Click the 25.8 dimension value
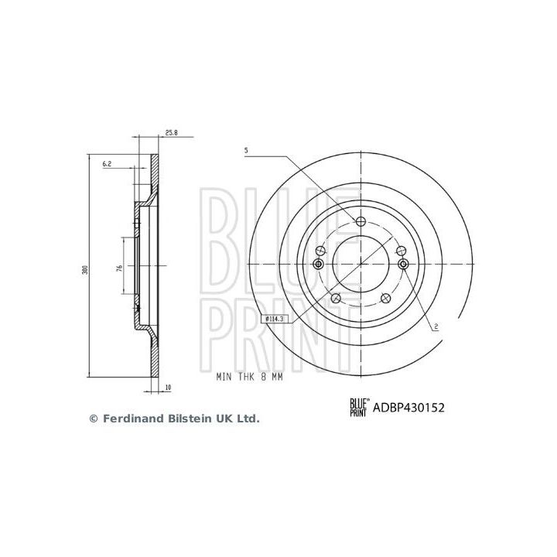172,133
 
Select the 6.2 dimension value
108,163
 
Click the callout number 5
245,150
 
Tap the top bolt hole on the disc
361,222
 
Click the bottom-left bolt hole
335,299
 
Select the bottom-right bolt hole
385,299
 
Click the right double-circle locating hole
402,264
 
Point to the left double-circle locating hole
318,264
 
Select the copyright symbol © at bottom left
94,419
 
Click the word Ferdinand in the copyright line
132,419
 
